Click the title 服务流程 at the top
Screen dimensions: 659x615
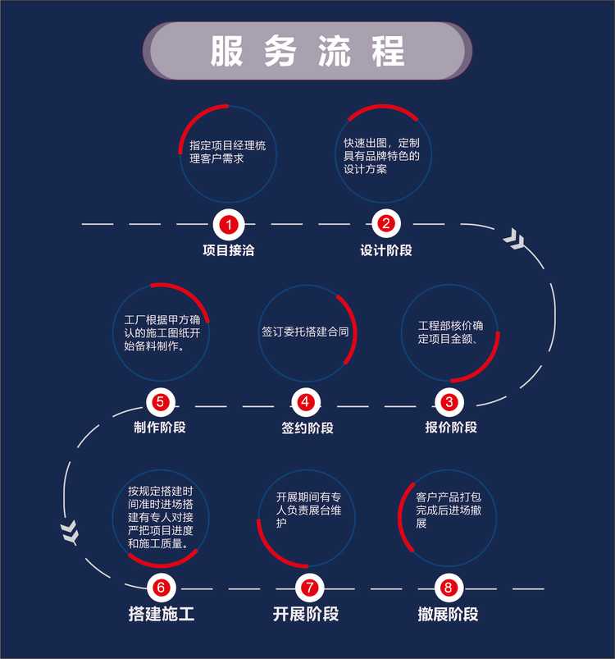(x=307, y=51)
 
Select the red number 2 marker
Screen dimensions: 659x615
(x=385, y=223)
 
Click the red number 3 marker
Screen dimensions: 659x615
(x=449, y=402)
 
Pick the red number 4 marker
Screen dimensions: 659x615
(x=306, y=402)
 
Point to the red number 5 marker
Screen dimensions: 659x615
(x=160, y=402)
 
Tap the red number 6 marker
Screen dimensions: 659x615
(x=161, y=587)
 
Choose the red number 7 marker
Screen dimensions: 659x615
(x=308, y=587)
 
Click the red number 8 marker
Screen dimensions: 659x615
(x=448, y=587)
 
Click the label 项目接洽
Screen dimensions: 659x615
(x=229, y=250)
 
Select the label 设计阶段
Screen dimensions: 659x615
(x=386, y=250)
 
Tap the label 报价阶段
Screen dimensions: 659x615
(x=450, y=428)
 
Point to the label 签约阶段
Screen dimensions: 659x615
(x=307, y=428)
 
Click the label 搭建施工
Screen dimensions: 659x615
(x=162, y=614)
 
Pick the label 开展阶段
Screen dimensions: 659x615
(x=306, y=614)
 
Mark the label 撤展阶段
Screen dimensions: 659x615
(x=448, y=614)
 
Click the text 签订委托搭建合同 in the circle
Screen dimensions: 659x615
(x=305, y=333)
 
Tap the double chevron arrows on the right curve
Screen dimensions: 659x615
(x=516, y=239)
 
